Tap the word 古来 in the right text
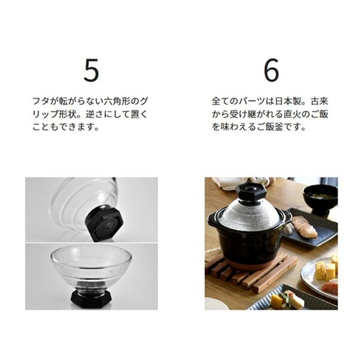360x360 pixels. pos(322,101)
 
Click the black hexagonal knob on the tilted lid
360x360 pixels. pos(104,222)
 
